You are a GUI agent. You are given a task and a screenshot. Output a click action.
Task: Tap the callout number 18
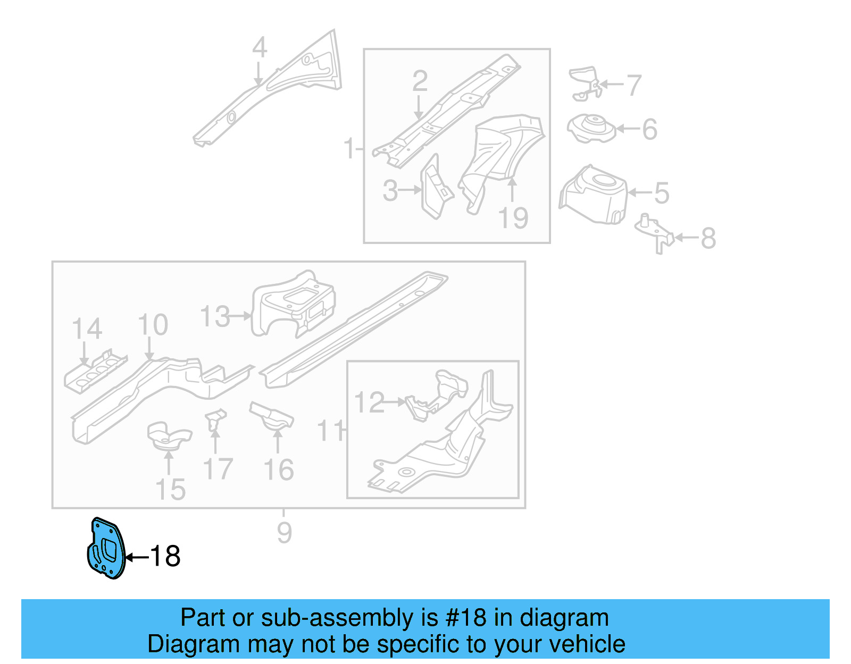click(165, 557)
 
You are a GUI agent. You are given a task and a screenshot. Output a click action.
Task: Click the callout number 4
click(259, 48)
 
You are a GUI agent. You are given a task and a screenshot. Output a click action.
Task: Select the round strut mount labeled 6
click(591, 129)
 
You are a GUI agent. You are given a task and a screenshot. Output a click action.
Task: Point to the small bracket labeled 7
click(585, 82)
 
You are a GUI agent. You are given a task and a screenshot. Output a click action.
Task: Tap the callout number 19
click(513, 218)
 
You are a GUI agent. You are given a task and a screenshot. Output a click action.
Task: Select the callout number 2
click(420, 81)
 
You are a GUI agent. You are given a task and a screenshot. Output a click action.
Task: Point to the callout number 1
click(349, 148)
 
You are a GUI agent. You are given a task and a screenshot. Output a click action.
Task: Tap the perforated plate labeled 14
click(95, 370)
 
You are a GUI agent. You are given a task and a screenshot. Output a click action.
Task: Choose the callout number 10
click(153, 325)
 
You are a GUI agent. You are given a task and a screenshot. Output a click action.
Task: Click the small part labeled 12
click(423, 407)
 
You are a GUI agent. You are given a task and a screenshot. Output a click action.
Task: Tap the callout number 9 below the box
click(284, 532)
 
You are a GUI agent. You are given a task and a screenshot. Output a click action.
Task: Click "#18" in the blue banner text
click(465, 618)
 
